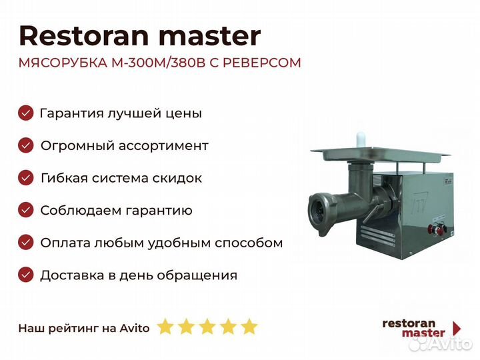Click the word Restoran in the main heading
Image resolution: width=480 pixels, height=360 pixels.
[84, 36]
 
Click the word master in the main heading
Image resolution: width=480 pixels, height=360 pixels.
[210, 37]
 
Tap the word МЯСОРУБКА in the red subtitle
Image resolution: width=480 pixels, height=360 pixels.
[63, 63]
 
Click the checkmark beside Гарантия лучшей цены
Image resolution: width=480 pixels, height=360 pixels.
[26, 113]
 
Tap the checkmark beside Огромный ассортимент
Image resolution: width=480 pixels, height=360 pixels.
[26, 145]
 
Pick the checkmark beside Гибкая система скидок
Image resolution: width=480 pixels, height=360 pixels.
[26, 177]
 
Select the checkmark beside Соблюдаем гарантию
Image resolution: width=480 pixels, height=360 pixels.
[26, 210]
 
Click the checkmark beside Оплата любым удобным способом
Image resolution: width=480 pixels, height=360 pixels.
[26, 243]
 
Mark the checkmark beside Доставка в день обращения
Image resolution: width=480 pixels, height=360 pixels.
[26, 275]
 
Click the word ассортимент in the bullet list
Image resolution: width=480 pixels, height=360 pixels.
[163, 146]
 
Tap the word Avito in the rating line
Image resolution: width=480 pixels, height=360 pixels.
[135, 328]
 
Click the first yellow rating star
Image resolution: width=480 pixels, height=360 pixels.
[165, 326]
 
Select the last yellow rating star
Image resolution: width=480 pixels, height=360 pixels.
[249, 326]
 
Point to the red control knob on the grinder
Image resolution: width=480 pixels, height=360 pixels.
[432, 229]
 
